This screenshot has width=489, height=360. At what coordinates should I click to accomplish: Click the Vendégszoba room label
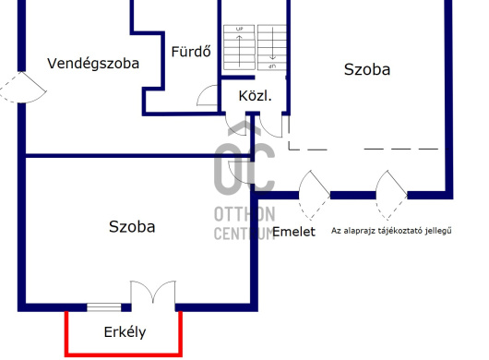pos(93,64)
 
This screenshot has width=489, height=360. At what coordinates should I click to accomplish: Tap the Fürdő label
pos(191,52)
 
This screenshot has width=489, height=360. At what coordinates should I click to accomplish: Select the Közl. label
pos(255,96)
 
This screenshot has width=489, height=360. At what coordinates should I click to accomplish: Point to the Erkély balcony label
pos(125,332)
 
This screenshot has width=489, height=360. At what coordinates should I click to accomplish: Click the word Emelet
pos(293,232)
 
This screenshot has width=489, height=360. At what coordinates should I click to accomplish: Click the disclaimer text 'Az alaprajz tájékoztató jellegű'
pos(391,231)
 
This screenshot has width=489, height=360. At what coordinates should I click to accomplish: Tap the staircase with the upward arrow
pos(239,47)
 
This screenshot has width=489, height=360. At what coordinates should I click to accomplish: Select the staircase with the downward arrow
pos(272,47)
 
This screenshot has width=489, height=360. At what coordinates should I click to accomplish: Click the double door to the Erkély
pos(153,293)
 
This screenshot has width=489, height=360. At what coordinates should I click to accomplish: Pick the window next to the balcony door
pos(104,307)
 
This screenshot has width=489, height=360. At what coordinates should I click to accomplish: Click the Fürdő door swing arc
pos(208,95)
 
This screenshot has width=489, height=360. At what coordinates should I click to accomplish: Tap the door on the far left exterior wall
pos(22,88)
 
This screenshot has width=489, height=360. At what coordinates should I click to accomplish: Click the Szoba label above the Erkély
pos(132,227)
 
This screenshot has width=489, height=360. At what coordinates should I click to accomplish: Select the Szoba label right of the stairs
pos(367,69)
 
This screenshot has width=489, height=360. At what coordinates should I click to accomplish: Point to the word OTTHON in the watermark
pos(244,214)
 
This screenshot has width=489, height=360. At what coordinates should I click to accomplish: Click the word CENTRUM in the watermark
pos(244,233)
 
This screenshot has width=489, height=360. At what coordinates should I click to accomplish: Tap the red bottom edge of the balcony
pos(124,354)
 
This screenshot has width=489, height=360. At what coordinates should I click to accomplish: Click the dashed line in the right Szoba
pos(368,150)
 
